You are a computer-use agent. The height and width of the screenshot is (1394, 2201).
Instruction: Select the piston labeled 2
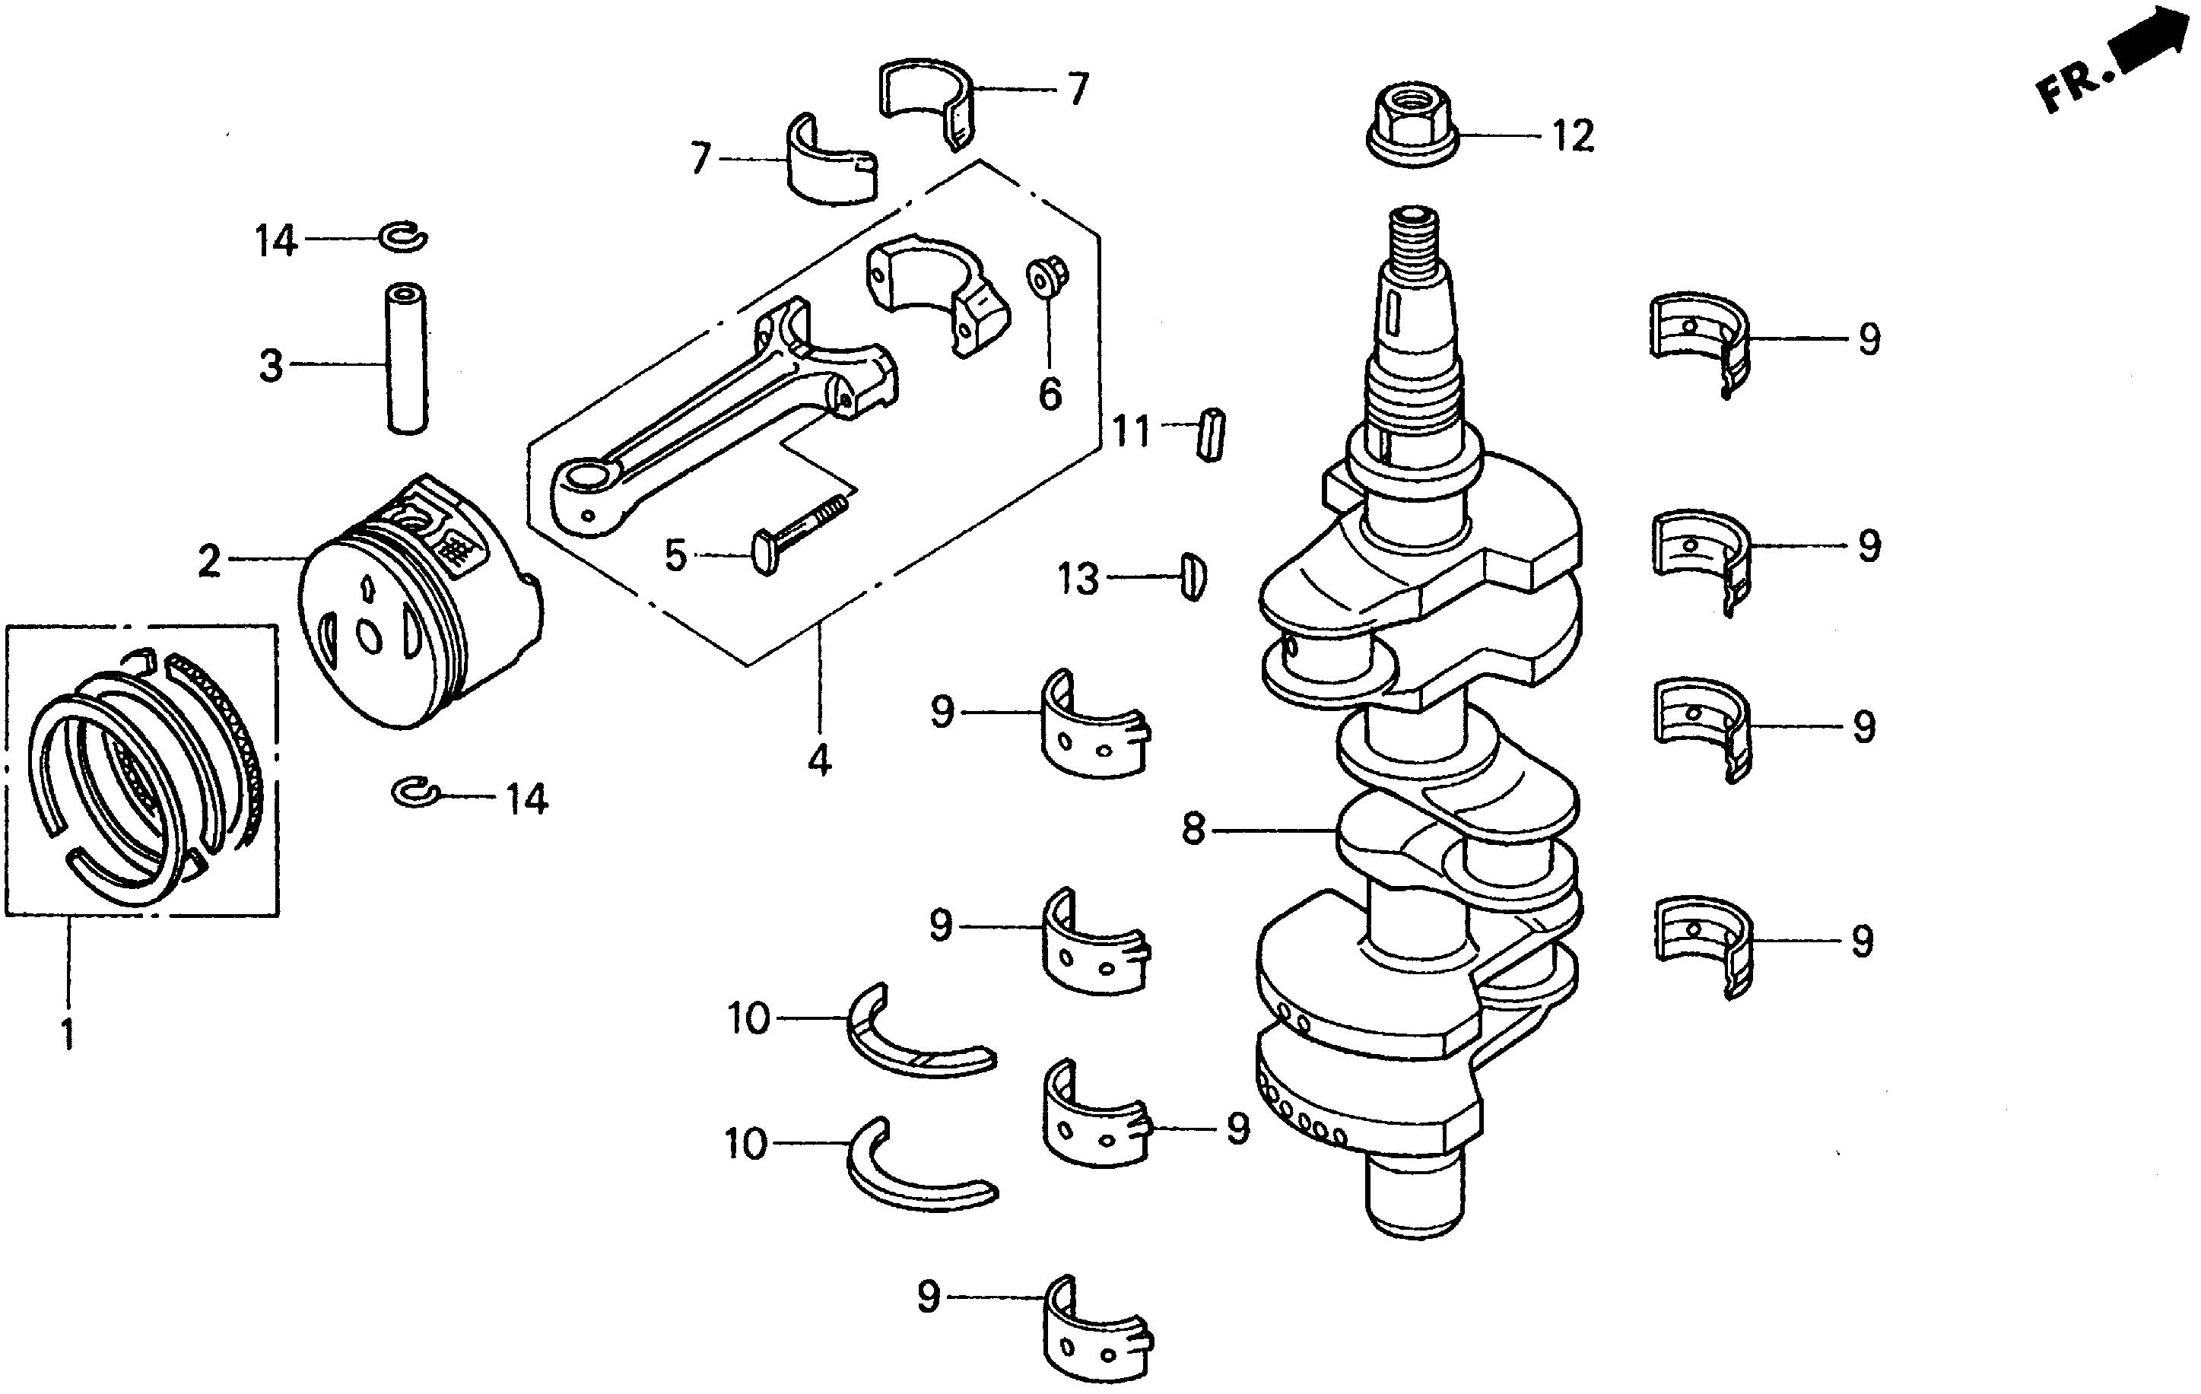pos(421,603)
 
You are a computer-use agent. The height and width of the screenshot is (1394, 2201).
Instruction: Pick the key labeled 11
pos(1210,434)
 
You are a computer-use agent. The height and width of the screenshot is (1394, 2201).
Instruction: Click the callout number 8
pos(1194,829)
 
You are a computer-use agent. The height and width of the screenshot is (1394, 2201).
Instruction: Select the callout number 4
pos(819,761)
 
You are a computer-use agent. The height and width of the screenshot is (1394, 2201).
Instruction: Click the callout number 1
pos(67,1033)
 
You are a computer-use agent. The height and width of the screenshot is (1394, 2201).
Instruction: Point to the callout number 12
pos(1572,137)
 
